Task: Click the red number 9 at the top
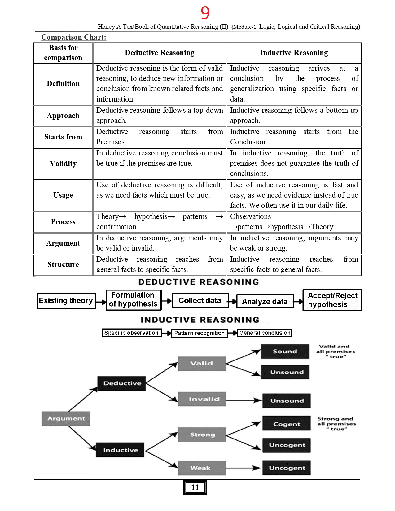pyautogui.click(x=205, y=13)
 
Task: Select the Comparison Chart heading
pyautogui.click(x=74, y=37)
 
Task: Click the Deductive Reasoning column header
pyautogui.click(x=160, y=53)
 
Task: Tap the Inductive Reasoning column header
pyautogui.click(x=294, y=53)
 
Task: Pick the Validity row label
pyautogui.click(x=63, y=164)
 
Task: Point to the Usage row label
pyautogui.click(x=63, y=195)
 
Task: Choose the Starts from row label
pyautogui.click(x=63, y=137)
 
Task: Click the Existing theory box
pyautogui.click(x=66, y=301)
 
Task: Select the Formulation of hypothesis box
pyautogui.click(x=134, y=300)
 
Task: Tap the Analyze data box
pyautogui.click(x=265, y=301)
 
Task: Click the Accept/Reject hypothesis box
pyautogui.click(x=332, y=300)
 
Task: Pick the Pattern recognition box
pyautogui.click(x=199, y=333)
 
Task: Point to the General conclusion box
pyautogui.click(x=265, y=333)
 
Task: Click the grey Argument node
pyautogui.click(x=66, y=418)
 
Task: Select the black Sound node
pyautogui.click(x=285, y=352)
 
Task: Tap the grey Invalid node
pyautogui.click(x=202, y=399)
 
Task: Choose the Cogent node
pyautogui.click(x=286, y=424)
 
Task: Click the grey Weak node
pyautogui.click(x=202, y=468)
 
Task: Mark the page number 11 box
pyautogui.click(x=195, y=487)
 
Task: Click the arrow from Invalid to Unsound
pyautogui.click(x=244, y=400)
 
